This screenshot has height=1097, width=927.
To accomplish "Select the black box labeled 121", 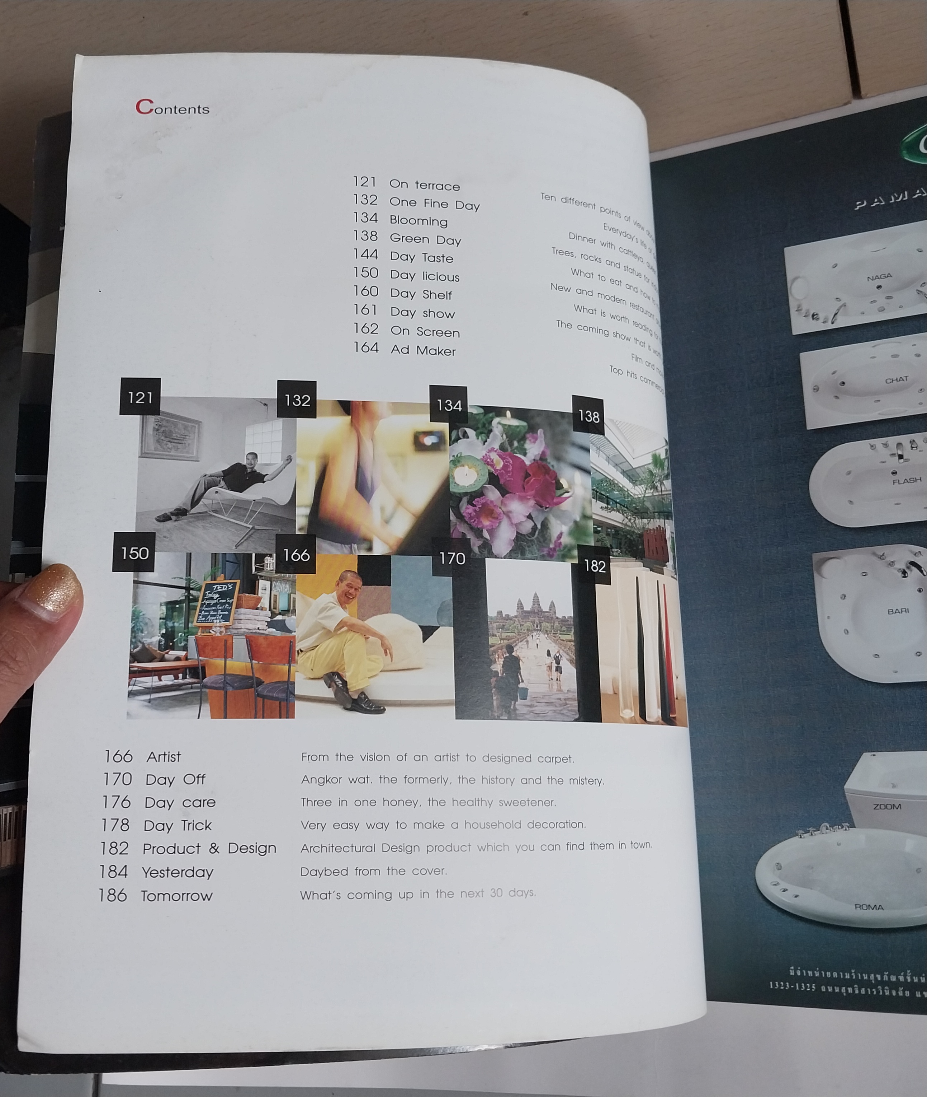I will point(140,397).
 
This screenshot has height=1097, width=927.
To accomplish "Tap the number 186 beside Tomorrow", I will point(113,895).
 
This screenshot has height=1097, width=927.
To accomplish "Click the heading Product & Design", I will point(209,848).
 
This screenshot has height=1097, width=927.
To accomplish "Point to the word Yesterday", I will point(177,872).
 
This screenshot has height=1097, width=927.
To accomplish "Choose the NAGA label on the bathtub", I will point(879,277).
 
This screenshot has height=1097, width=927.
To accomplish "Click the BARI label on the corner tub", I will point(898,611).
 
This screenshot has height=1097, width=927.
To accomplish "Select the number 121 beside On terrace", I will point(364,182).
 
